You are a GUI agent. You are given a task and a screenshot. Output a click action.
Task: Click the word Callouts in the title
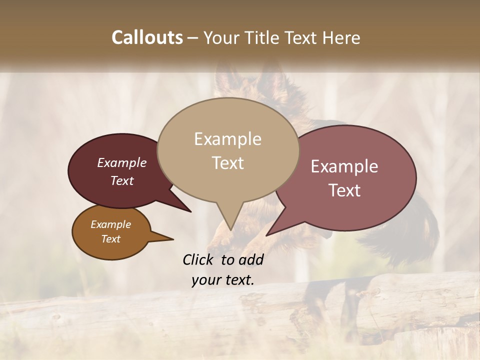click(147, 37)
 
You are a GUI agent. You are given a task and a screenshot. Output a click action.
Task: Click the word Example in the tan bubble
click(227, 139)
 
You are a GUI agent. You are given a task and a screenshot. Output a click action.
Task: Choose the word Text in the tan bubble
click(227, 163)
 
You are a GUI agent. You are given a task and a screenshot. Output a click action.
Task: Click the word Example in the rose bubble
click(344, 166)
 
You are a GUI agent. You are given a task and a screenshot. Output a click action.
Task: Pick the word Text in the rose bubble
click(344, 190)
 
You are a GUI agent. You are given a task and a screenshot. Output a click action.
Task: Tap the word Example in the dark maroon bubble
click(122, 162)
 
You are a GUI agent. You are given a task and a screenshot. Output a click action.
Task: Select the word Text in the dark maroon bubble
click(122, 180)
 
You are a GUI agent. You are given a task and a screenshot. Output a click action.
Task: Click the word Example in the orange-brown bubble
click(110, 224)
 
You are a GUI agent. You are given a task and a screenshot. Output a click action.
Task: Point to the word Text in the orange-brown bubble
click(110, 239)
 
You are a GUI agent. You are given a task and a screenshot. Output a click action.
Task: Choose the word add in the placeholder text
click(251, 259)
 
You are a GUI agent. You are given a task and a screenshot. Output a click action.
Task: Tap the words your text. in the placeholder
click(223, 280)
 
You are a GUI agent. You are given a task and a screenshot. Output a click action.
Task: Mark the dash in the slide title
click(193, 37)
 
